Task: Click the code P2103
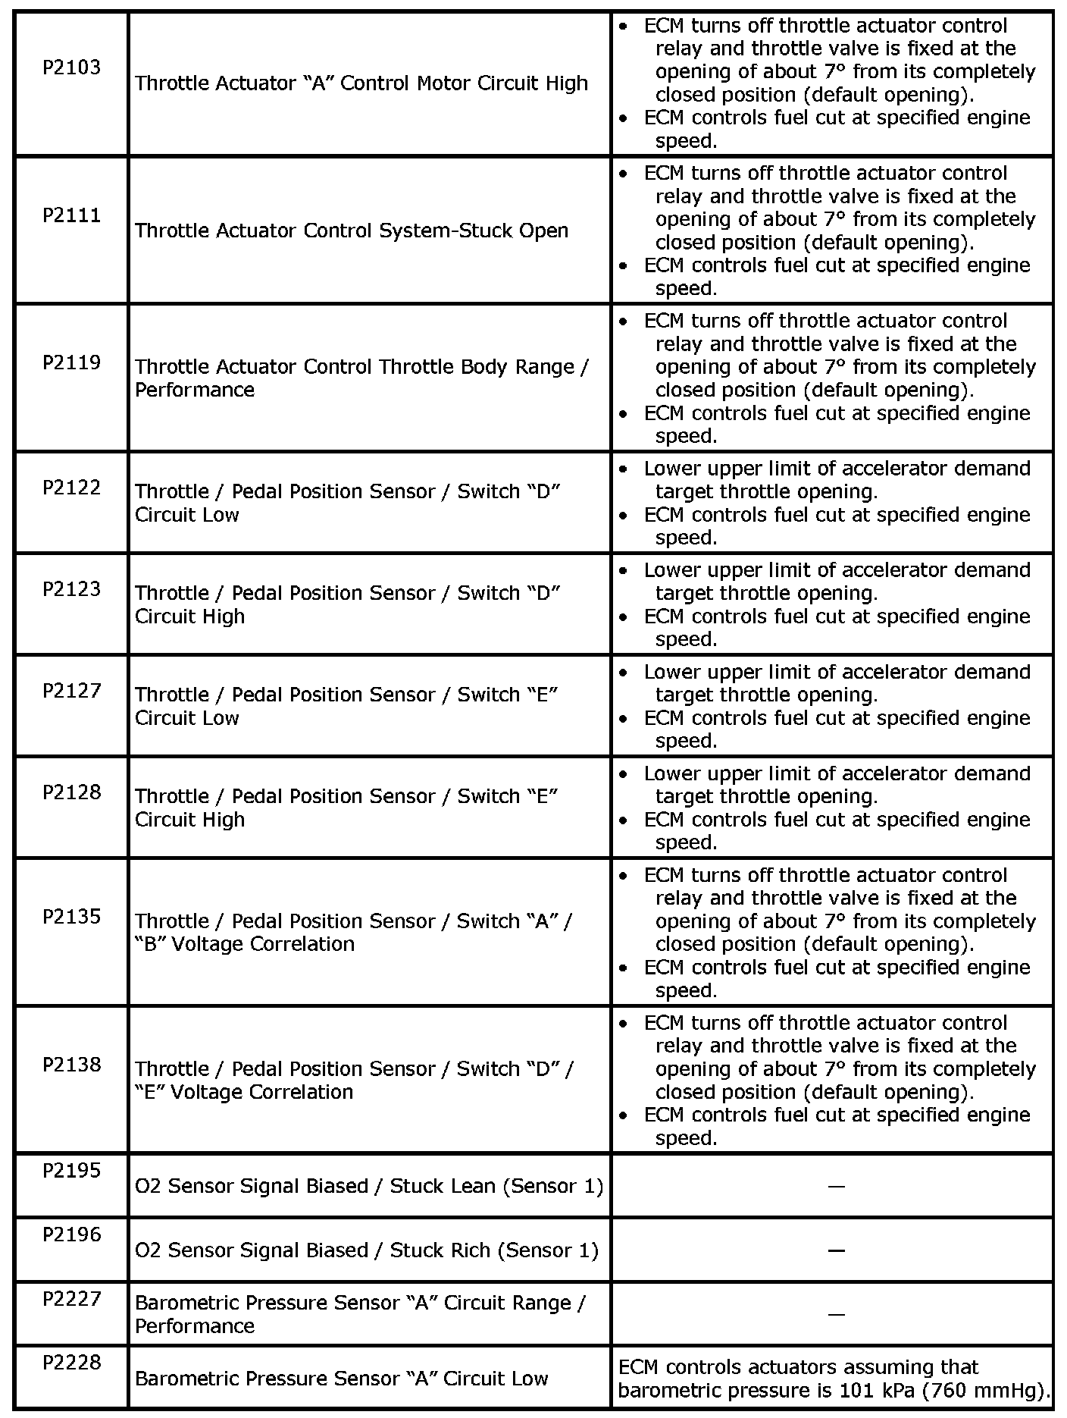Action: click(71, 67)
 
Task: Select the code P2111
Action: click(71, 215)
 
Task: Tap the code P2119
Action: click(71, 362)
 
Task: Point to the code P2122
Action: click(71, 487)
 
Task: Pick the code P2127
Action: click(71, 690)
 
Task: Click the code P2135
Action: click(71, 916)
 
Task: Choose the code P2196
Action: click(71, 1234)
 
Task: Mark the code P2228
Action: click(71, 1363)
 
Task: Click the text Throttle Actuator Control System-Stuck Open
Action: click(352, 231)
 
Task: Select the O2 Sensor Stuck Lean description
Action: click(369, 1186)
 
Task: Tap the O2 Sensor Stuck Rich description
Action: click(367, 1250)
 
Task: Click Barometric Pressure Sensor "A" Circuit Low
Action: click(341, 1379)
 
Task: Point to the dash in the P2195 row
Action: click(836, 1187)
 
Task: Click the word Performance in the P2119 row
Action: click(195, 390)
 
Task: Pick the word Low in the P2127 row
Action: click(220, 718)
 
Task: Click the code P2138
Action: click(71, 1064)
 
